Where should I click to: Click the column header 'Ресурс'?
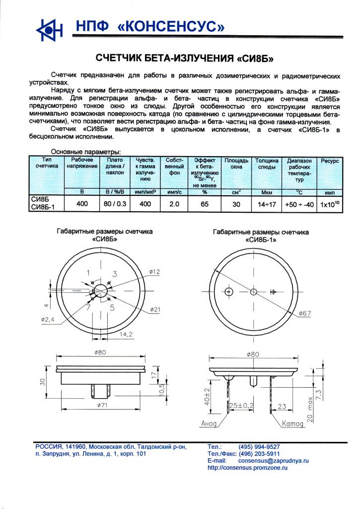330,161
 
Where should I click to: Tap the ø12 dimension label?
154,271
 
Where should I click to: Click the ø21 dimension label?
155,310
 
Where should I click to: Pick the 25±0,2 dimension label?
242,406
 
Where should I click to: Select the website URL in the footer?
247,468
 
